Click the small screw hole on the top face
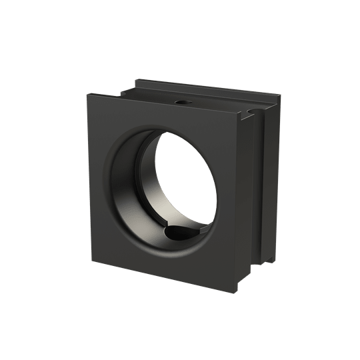point(181,103)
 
